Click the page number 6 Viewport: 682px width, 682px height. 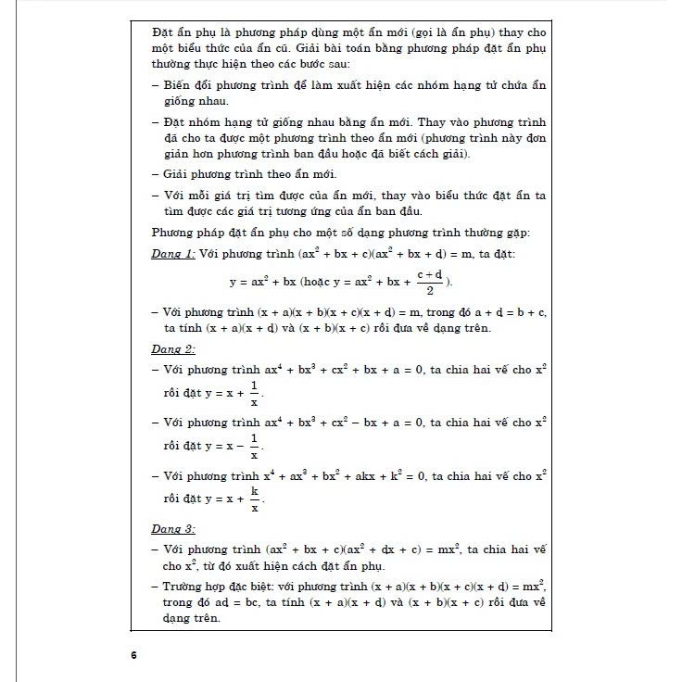click(x=133, y=655)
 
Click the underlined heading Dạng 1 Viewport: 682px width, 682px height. click(x=173, y=253)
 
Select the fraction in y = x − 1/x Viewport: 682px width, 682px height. click(x=253, y=447)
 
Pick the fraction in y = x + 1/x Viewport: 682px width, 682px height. click(x=253, y=395)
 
